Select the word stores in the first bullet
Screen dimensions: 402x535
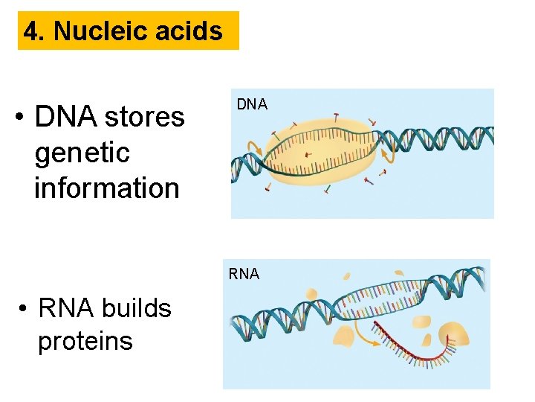point(144,117)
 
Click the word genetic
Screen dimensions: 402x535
point(82,153)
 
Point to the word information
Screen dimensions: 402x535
point(106,188)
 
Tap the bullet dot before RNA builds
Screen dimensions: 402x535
point(25,308)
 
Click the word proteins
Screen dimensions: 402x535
point(85,342)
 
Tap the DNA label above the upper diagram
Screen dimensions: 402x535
point(252,105)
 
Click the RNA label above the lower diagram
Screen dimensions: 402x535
point(244,274)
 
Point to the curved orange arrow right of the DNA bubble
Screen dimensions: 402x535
point(388,153)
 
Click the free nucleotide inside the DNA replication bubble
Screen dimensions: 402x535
point(308,155)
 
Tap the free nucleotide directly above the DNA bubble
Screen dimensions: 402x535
point(336,117)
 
